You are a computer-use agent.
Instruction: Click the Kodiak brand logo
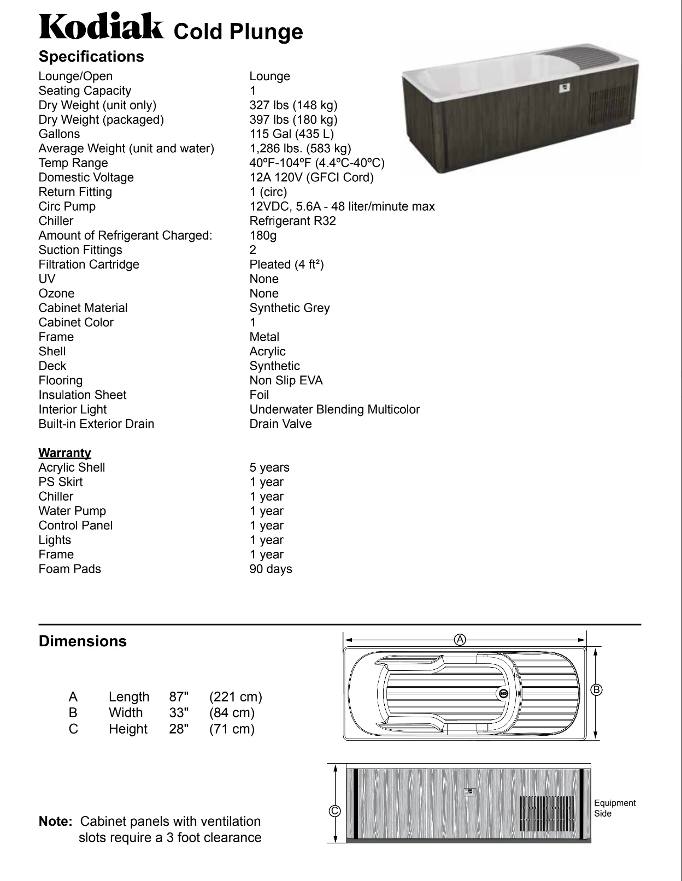click(x=101, y=27)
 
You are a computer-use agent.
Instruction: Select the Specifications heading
click(x=91, y=57)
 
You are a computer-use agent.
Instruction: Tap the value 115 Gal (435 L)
click(x=291, y=134)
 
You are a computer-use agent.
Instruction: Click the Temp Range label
click(x=73, y=163)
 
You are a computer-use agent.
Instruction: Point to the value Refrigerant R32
click(x=292, y=221)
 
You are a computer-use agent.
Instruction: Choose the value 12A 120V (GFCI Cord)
click(x=311, y=178)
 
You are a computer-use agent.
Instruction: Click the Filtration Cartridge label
click(x=89, y=265)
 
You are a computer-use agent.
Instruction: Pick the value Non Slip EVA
click(x=286, y=380)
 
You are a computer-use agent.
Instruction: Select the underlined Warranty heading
click(x=64, y=453)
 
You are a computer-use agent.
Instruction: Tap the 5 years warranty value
click(x=269, y=468)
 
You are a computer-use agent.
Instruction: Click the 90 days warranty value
click(x=271, y=569)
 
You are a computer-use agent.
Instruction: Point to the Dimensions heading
click(x=83, y=641)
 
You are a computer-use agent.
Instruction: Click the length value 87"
click(x=179, y=697)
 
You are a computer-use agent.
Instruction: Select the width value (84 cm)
click(x=232, y=713)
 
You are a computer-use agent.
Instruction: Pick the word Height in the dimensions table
click(x=128, y=729)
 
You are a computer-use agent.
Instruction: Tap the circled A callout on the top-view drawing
click(x=460, y=639)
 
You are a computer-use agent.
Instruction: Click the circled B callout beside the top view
click(x=597, y=690)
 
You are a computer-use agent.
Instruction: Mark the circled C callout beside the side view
click(x=334, y=811)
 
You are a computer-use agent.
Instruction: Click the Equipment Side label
click(x=615, y=808)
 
